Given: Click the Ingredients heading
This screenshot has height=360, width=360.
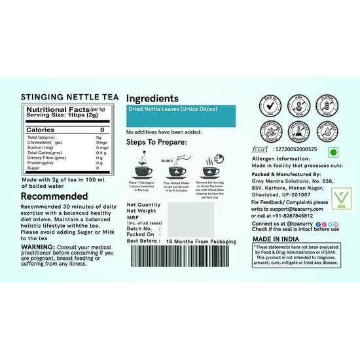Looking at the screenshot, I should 153,96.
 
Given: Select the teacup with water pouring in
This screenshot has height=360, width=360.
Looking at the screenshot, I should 175,169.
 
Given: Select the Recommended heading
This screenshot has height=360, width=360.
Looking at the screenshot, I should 55,196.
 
